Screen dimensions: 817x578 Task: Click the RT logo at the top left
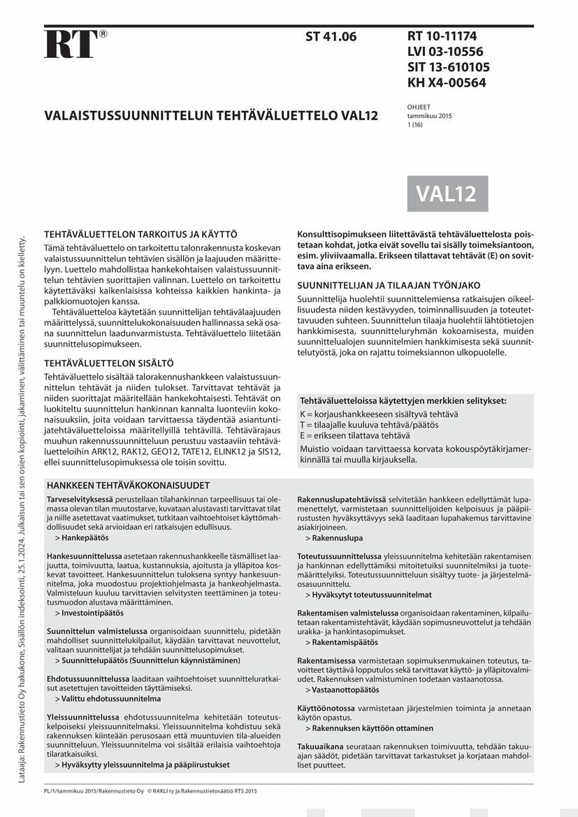71,43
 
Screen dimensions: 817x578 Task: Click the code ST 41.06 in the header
331,37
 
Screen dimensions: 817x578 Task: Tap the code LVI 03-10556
445,52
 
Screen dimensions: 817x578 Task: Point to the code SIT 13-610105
448,67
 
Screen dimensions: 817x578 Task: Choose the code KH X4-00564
447,82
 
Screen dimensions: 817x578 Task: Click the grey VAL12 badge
447,194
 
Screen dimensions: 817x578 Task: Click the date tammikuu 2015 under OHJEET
429,116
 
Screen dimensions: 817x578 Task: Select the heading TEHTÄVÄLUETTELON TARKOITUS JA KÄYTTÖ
141,235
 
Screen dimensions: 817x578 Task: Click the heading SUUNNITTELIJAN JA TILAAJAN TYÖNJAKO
389,285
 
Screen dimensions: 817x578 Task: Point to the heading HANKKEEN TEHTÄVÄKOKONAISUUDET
128,485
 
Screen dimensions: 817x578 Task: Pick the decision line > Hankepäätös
82,538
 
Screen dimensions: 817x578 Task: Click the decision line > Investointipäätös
89,612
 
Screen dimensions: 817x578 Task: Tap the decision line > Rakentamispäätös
342,642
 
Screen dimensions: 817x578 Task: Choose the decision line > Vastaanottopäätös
342,689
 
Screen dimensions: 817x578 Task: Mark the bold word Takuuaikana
318,746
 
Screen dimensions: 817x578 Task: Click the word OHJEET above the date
419,107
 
